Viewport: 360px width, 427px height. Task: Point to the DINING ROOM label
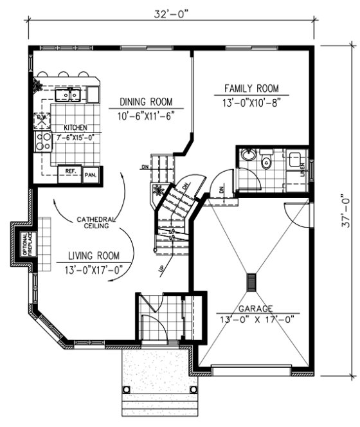pyautogui.click(x=147, y=102)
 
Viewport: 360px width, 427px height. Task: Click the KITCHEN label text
pyautogui.click(x=75, y=128)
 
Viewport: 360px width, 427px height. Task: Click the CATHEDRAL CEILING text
pyautogui.click(x=96, y=222)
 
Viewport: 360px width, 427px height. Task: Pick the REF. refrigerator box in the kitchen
pyautogui.click(x=69, y=172)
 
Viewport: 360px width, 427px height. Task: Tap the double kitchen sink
pyautogui.click(x=67, y=95)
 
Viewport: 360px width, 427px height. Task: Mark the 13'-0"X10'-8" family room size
pyautogui.click(x=252, y=102)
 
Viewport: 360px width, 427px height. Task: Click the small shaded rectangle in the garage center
pyautogui.click(x=252, y=282)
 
